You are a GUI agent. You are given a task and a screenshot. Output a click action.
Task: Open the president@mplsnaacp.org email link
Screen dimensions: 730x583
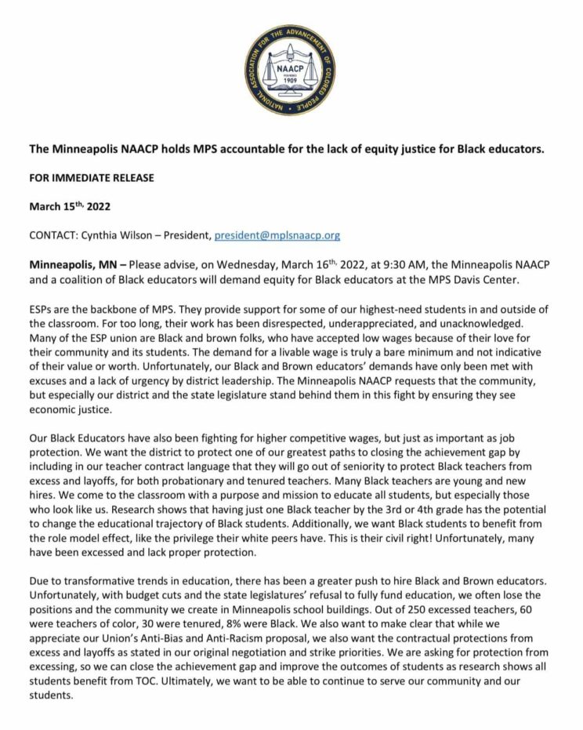tap(277, 235)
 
